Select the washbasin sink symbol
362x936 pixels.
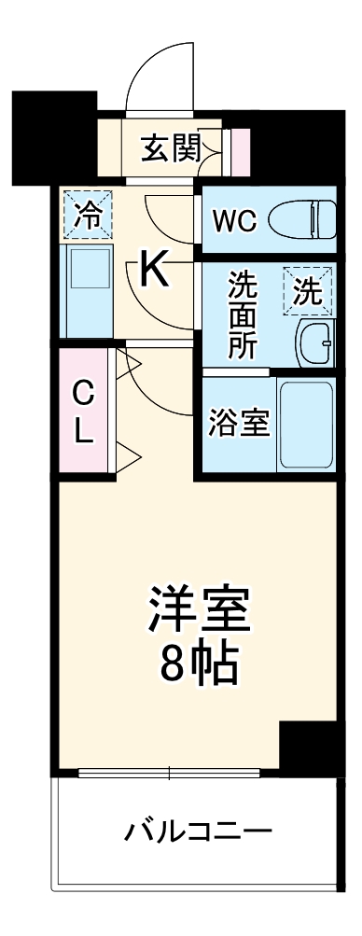[314, 344]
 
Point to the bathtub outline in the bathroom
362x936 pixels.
[306, 426]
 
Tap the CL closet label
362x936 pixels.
[84, 413]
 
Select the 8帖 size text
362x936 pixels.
[199, 663]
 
